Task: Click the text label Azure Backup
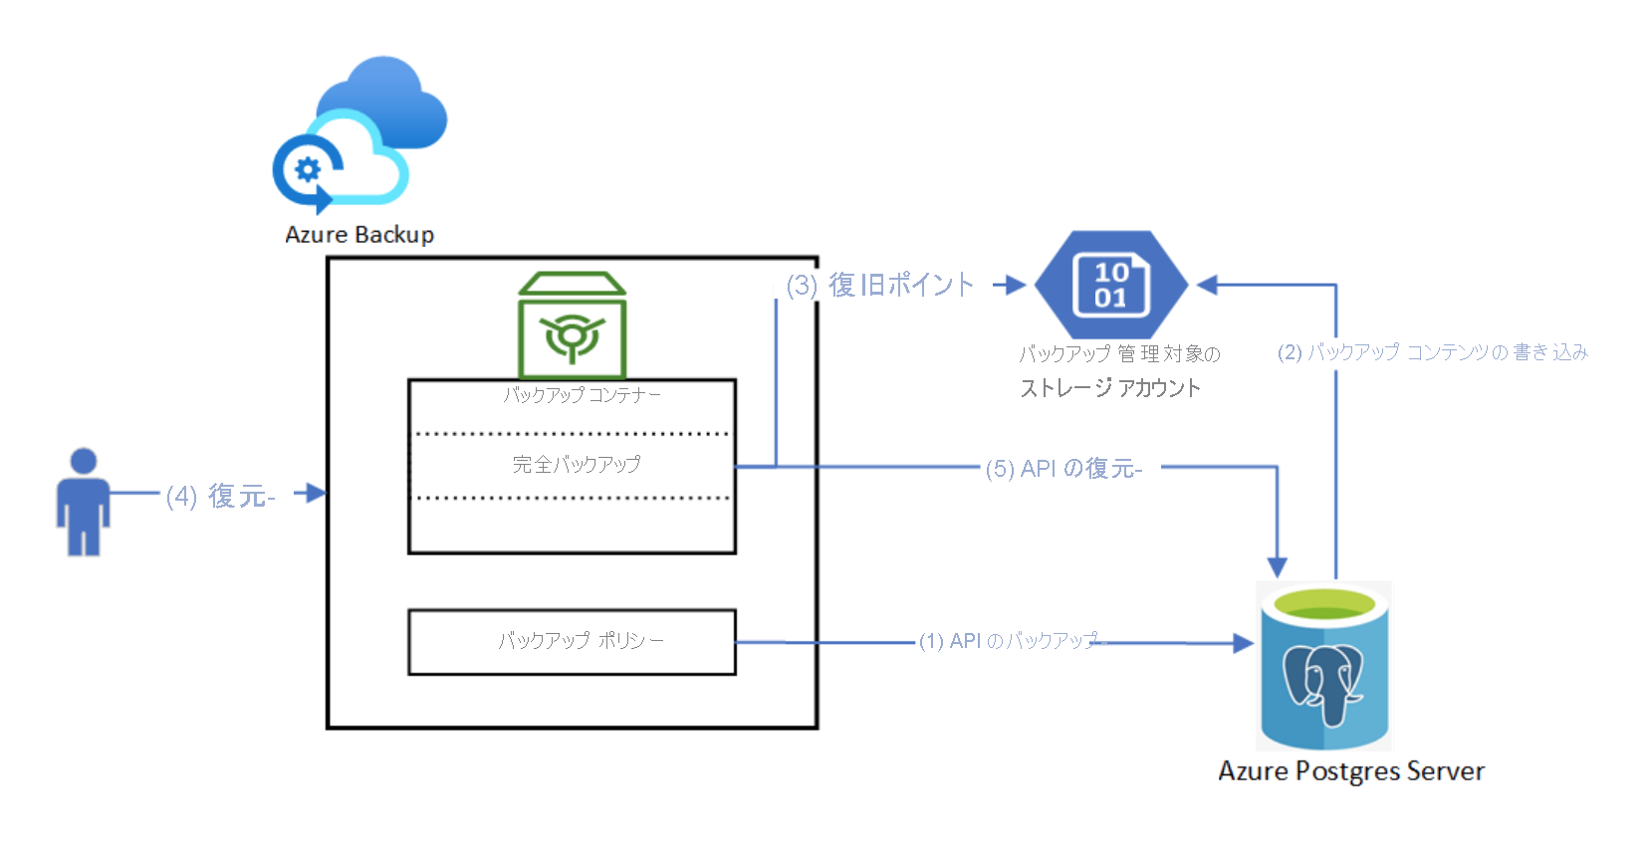(359, 235)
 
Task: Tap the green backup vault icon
(572, 325)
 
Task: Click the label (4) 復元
(220, 496)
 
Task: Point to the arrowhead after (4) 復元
(316, 493)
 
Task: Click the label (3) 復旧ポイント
(880, 286)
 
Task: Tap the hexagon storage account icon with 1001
(1111, 286)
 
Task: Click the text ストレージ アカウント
(1110, 388)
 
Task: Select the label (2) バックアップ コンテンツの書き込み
(1432, 352)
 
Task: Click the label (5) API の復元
(1063, 469)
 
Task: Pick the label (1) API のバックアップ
(1008, 641)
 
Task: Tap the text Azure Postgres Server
(1351, 771)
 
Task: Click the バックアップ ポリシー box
(572, 642)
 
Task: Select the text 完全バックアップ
(576, 464)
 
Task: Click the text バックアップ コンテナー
(582, 395)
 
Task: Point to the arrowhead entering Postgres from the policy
(1243, 643)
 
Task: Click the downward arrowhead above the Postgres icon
(1277, 567)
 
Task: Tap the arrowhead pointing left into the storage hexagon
(1208, 286)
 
